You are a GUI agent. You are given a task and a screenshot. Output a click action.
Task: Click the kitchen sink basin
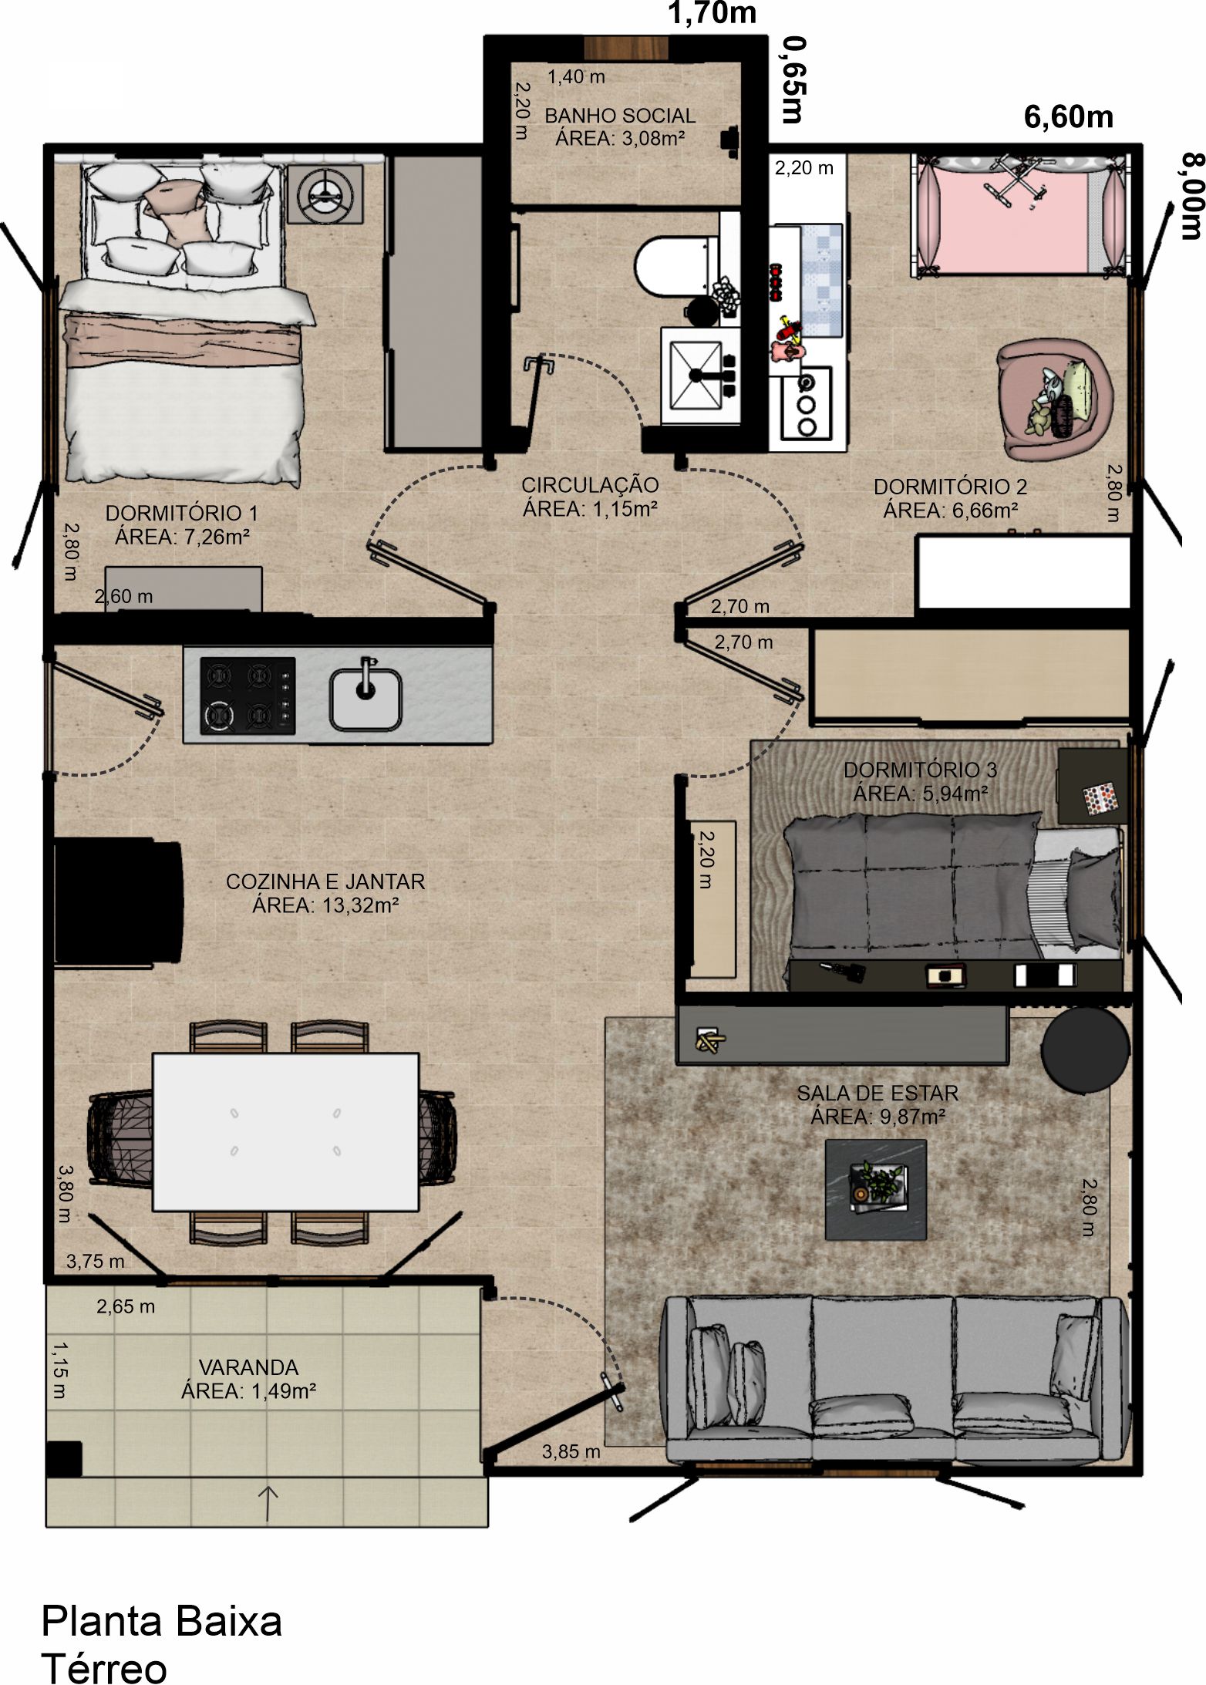[x=366, y=698]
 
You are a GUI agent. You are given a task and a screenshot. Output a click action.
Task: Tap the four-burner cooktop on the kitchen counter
[x=248, y=695]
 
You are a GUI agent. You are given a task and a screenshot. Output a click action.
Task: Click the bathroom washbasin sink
[x=700, y=376]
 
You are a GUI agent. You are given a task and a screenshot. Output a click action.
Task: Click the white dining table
[x=286, y=1131]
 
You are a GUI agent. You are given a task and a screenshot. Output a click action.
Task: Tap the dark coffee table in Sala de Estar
[x=876, y=1189]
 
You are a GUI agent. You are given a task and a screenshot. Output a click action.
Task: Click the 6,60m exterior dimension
[x=1069, y=116]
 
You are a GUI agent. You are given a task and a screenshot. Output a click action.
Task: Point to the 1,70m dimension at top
[x=712, y=13]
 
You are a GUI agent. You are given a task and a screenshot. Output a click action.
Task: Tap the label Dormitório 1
[x=182, y=513]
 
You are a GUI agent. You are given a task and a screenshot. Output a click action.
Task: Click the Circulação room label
[x=590, y=485]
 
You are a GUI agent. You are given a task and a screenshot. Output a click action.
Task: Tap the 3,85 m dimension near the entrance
[x=571, y=1451]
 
